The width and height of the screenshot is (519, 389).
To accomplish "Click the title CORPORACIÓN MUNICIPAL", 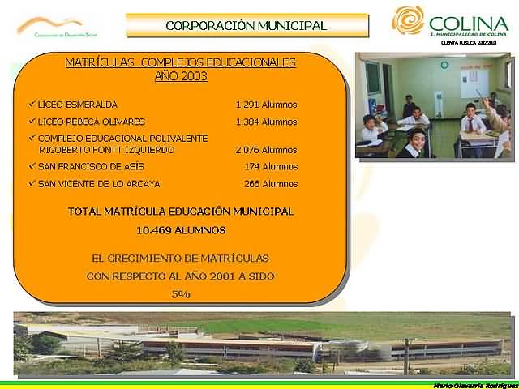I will pos(246,25).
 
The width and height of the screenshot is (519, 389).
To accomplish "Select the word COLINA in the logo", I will pos(469,24).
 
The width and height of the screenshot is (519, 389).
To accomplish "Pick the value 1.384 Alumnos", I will pos(266,122).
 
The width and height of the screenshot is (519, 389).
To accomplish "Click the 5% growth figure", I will pos(181,294).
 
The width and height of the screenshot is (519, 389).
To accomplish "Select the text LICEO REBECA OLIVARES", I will pos(92,122).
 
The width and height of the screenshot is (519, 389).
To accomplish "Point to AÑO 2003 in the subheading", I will pos(180,77).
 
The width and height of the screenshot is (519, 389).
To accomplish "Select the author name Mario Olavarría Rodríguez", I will pos(474,384).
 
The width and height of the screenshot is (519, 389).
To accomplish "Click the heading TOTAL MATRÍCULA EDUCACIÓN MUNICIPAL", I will pos(180,212).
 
